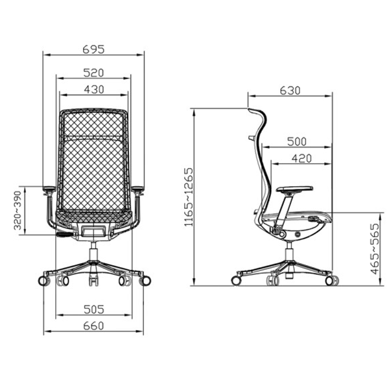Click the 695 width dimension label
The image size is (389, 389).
[x=93, y=49]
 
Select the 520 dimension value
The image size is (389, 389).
[x=93, y=73]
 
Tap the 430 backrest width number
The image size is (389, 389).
[x=94, y=89]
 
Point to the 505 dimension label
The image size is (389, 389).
[x=94, y=309]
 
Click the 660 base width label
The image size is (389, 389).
[x=93, y=325]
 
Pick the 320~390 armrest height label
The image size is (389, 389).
[x=18, y=210]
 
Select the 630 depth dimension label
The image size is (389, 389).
[x=290, y=91]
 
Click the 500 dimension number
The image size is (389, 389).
[x=297, y=141]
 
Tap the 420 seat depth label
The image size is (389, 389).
[x=301, y=158]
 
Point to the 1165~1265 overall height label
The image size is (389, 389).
[x=189, y=197]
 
